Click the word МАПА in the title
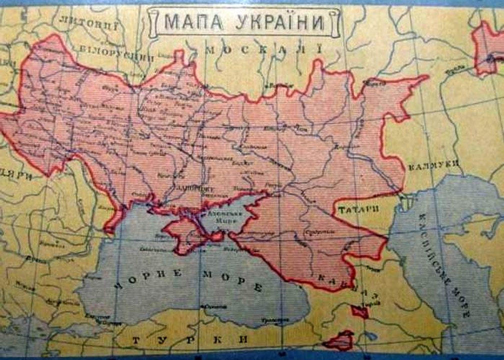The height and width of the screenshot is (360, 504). coord(191,22)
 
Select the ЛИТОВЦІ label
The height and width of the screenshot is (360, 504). coord(88,20)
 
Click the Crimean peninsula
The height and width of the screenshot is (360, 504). coord(187,232)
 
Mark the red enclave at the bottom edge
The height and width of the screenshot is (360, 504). coord(338,341)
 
